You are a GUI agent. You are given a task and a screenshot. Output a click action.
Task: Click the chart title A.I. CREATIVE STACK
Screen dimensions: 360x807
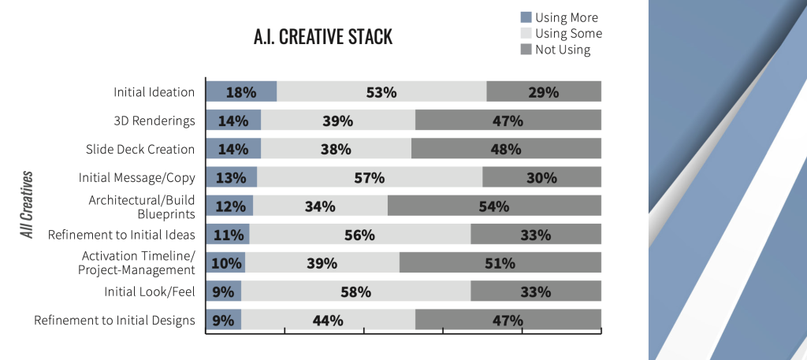pos(322,37)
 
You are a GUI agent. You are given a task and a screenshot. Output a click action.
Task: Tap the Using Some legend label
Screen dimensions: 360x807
pos(568,34)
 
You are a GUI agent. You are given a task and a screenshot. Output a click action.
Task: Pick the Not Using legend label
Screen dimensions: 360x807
pos(563,50)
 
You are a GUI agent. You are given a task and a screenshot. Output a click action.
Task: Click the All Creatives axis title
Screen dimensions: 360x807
pos(28,204)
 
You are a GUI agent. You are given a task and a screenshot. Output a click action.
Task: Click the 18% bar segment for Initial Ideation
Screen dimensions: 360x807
pos(241,91)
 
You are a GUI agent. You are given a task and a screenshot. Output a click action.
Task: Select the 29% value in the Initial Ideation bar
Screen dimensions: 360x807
pos(544,91)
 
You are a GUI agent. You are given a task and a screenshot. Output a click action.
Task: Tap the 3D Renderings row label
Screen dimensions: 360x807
pos(155,121)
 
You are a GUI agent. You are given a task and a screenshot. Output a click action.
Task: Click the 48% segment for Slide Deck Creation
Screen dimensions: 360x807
pos(506,149)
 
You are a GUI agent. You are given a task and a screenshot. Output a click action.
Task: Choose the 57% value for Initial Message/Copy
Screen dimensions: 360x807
pos(369,177)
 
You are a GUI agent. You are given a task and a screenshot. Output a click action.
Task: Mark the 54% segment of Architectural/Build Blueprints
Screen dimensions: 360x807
pos(494,206)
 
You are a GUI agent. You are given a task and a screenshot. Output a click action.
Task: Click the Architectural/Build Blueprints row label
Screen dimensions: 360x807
pos(142,206)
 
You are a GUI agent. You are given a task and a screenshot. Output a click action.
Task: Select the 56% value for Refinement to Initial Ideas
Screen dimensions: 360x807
pos(359,235)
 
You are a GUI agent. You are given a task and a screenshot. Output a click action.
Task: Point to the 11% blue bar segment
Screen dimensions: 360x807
pos(227,235)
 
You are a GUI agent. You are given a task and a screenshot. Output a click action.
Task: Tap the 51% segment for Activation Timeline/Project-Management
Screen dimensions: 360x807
pos(500,263)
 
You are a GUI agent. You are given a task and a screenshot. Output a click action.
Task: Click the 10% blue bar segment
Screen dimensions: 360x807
pos(225,263)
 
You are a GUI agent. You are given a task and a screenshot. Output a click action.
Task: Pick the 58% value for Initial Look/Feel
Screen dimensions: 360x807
pos(355,291)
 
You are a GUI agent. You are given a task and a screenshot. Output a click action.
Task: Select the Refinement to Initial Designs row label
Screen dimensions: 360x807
pos(114,321)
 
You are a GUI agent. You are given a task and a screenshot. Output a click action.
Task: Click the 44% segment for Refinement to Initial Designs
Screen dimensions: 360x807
pos(328,321)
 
